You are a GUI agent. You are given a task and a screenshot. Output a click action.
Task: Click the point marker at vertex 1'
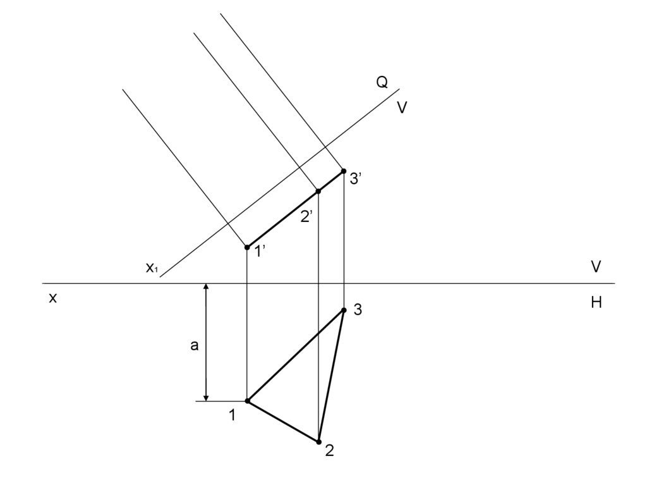247,247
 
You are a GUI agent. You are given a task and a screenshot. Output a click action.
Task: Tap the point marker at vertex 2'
318,191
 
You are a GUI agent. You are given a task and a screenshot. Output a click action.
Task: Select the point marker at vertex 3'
343,171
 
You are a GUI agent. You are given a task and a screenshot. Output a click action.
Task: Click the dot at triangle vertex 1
247,401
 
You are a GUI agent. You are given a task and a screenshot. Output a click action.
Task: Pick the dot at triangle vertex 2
318,442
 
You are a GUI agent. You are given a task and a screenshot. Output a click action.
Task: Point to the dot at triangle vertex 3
344,310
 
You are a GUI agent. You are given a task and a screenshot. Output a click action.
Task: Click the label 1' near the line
260,252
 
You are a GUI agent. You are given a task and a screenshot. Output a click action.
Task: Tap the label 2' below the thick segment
307,217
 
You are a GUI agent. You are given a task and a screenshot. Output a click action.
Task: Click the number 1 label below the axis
233,415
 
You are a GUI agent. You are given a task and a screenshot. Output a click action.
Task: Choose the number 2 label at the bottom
329,451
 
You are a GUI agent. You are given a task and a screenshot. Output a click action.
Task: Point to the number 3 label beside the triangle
358,310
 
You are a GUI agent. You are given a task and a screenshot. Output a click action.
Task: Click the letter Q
382,82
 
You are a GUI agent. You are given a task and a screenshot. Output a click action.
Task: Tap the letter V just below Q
402,108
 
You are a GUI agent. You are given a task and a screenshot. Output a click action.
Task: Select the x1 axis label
152,268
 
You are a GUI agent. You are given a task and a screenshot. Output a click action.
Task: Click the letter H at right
596,304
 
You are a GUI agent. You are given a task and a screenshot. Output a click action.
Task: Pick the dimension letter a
195,345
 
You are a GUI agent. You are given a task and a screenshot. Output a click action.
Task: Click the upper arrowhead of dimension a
205,288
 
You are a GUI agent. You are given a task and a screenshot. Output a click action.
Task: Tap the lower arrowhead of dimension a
205,396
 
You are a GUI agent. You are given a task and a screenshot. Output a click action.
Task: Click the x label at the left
53,298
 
